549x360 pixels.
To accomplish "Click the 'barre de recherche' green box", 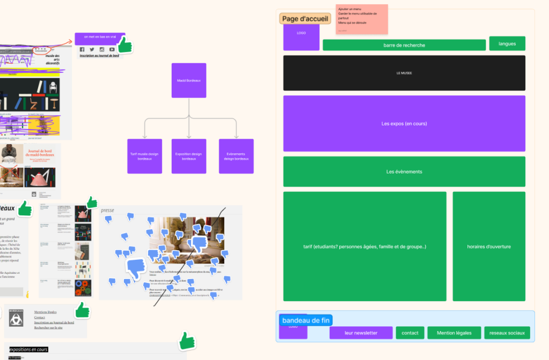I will (404, 46).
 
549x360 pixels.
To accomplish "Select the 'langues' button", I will (507, 43).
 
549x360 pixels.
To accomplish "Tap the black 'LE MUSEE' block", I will (404, 73).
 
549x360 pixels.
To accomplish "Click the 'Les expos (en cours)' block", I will (404, 124).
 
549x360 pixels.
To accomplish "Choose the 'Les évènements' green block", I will (404, 171).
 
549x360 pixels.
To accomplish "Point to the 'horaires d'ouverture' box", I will (488, 246).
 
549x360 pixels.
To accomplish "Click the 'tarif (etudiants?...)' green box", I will (365, 246).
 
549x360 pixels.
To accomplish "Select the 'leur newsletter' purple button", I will (361, 333).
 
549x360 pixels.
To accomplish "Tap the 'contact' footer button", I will (410, 333).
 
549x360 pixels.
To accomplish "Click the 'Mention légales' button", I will (454, 333).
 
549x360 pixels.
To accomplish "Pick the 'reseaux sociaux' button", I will (507, 333).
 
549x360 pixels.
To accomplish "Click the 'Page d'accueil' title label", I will (305, 19).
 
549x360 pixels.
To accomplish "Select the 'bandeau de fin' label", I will (305, 320).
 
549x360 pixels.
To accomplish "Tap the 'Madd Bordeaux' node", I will (189, 80).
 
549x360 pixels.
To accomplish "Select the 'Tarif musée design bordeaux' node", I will (144, 156).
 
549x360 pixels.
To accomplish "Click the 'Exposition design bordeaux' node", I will (189, 156).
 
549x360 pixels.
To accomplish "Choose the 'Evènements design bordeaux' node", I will (236, 156).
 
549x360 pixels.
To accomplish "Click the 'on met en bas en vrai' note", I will (100, 37).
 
